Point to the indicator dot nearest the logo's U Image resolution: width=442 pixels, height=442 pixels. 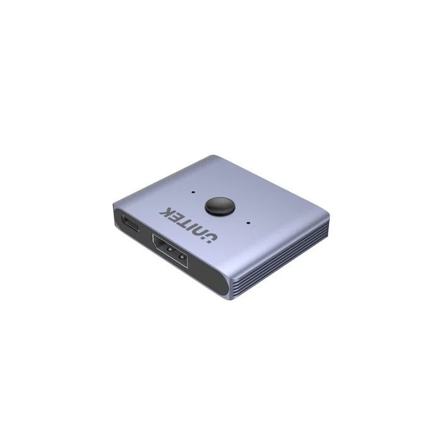click(x=251, y=222)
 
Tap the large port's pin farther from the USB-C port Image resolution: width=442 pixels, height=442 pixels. click(x=181, y=256)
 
